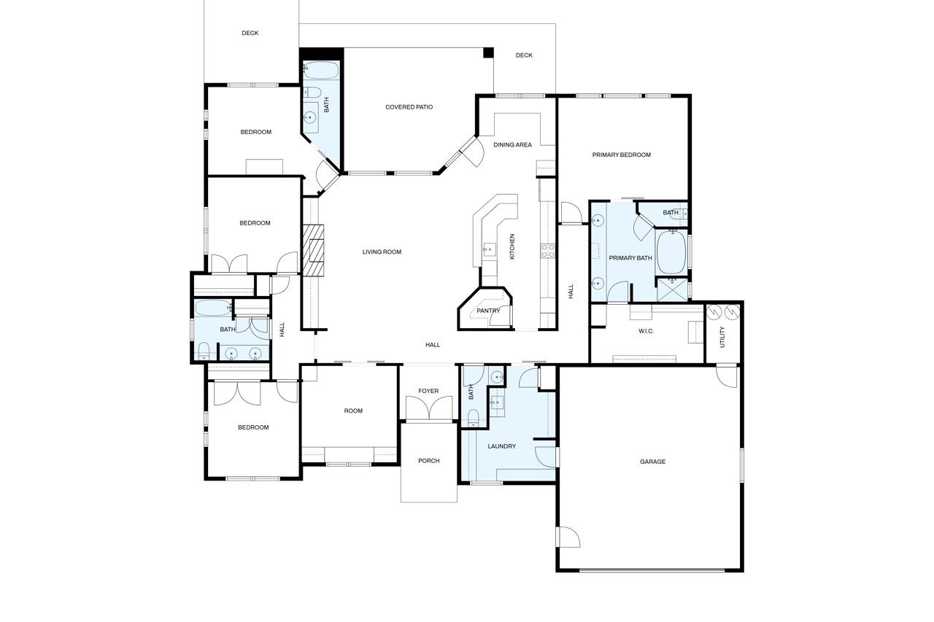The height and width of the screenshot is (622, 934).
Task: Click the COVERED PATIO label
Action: (x=409, y=107)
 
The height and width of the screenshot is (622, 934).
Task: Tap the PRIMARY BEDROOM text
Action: (x=621, y=155)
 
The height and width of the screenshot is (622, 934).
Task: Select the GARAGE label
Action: (x=652, y=462)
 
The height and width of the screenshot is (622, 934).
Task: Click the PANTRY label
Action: (x=488, y=311)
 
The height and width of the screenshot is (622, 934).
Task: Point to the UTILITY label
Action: (x=722, y=336)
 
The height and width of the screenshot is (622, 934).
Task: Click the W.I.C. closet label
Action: (x=646, y=331)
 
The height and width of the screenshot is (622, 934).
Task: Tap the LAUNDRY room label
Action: (x=501, y=446)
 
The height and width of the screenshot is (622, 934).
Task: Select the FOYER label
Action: (x=428, y=392)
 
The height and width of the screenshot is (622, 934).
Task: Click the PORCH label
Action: (x=428, y=461)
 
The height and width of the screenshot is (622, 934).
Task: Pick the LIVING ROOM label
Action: (x=382, y=252)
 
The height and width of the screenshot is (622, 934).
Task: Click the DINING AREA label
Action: (x=512, y=145)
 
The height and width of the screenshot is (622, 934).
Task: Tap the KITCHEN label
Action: (x=512, y=247)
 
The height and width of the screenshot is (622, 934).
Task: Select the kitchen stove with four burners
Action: (x=547, y=251)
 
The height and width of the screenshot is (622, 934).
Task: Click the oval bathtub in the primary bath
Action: (x=671, y=252)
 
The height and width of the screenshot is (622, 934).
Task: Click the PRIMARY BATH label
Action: (x=630, y=258)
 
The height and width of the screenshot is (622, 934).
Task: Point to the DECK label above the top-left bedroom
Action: (x=250, y=34)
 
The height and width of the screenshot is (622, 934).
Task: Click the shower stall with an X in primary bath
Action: (x=671, y=289)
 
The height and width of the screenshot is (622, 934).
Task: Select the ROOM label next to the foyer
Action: (x=353, y=411)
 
